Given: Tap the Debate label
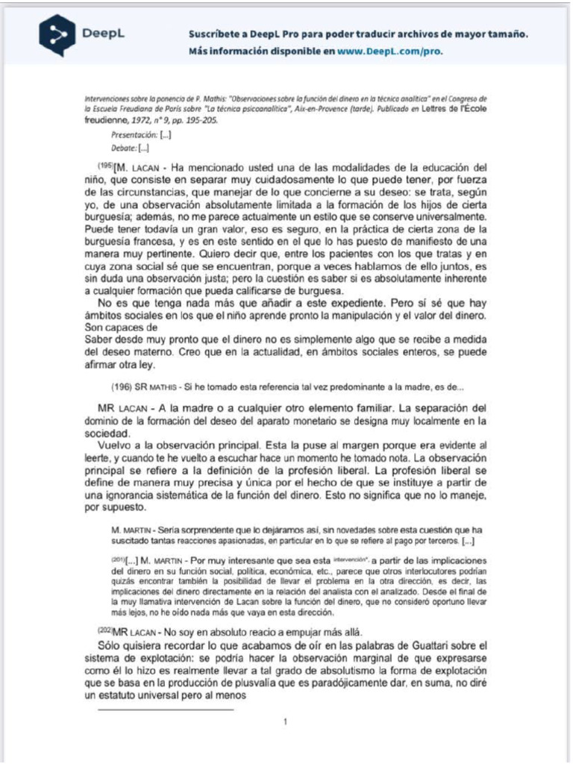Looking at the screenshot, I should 122,148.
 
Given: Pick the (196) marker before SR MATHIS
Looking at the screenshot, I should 120,386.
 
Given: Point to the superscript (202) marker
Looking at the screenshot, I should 105,628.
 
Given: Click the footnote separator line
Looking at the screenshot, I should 166,709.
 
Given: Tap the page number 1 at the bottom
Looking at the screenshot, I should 286,721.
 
